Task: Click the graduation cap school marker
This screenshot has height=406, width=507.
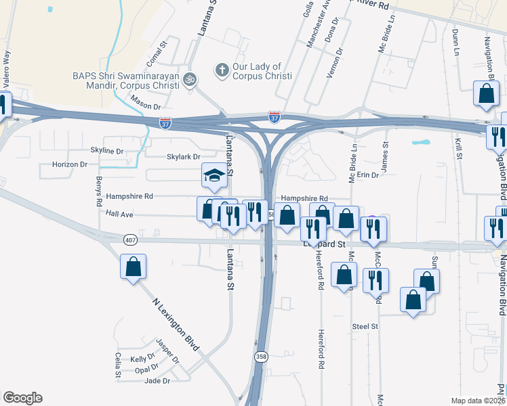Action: [x=214, y=177]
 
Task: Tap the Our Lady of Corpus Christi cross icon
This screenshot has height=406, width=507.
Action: [x=221, y=70]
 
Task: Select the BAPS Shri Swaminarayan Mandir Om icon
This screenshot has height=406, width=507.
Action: [x=190, y=79]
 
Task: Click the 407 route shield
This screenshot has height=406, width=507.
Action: [x=131, y=240]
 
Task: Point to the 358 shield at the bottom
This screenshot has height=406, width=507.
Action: [x=262, y=357]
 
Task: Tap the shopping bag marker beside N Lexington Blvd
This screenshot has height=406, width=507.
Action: [x=134, y=267]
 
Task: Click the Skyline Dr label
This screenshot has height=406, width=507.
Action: [x=107, y=151]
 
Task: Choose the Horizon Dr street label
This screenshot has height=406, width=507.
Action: [x=70, y=164]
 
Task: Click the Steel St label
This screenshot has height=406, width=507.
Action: [x=365, y=326]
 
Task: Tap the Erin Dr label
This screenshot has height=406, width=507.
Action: [x=367, y=175]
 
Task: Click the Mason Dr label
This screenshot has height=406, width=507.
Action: [x=146, y=106]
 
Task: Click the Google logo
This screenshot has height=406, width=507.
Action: [x=22, y=398]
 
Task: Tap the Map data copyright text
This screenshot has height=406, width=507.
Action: [x=476, y=401]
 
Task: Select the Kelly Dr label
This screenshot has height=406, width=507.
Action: [x=143, y=359]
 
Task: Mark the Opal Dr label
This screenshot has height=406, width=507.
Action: [x=146, y=370]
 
